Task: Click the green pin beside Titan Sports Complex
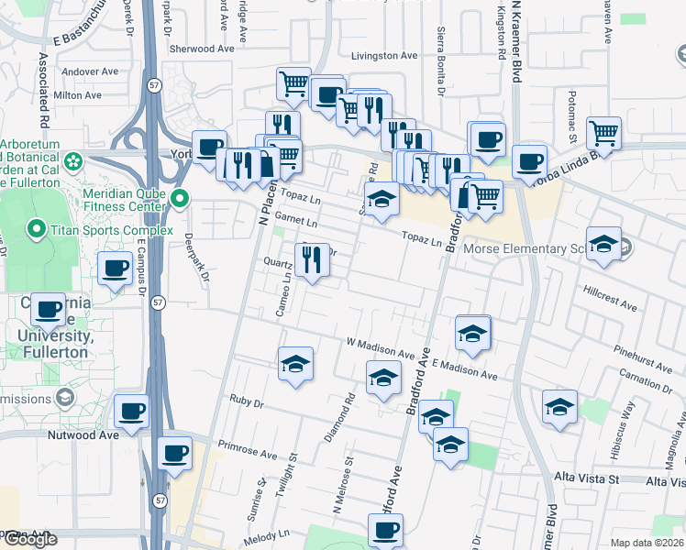pyautogui.click(x=37, y=228)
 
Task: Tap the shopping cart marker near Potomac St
pyautogui.click(x=604, y=133)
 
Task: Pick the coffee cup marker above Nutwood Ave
pyautogui.click(x=131, y=411)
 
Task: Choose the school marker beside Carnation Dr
pyautogui.click(x=559, y=406)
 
